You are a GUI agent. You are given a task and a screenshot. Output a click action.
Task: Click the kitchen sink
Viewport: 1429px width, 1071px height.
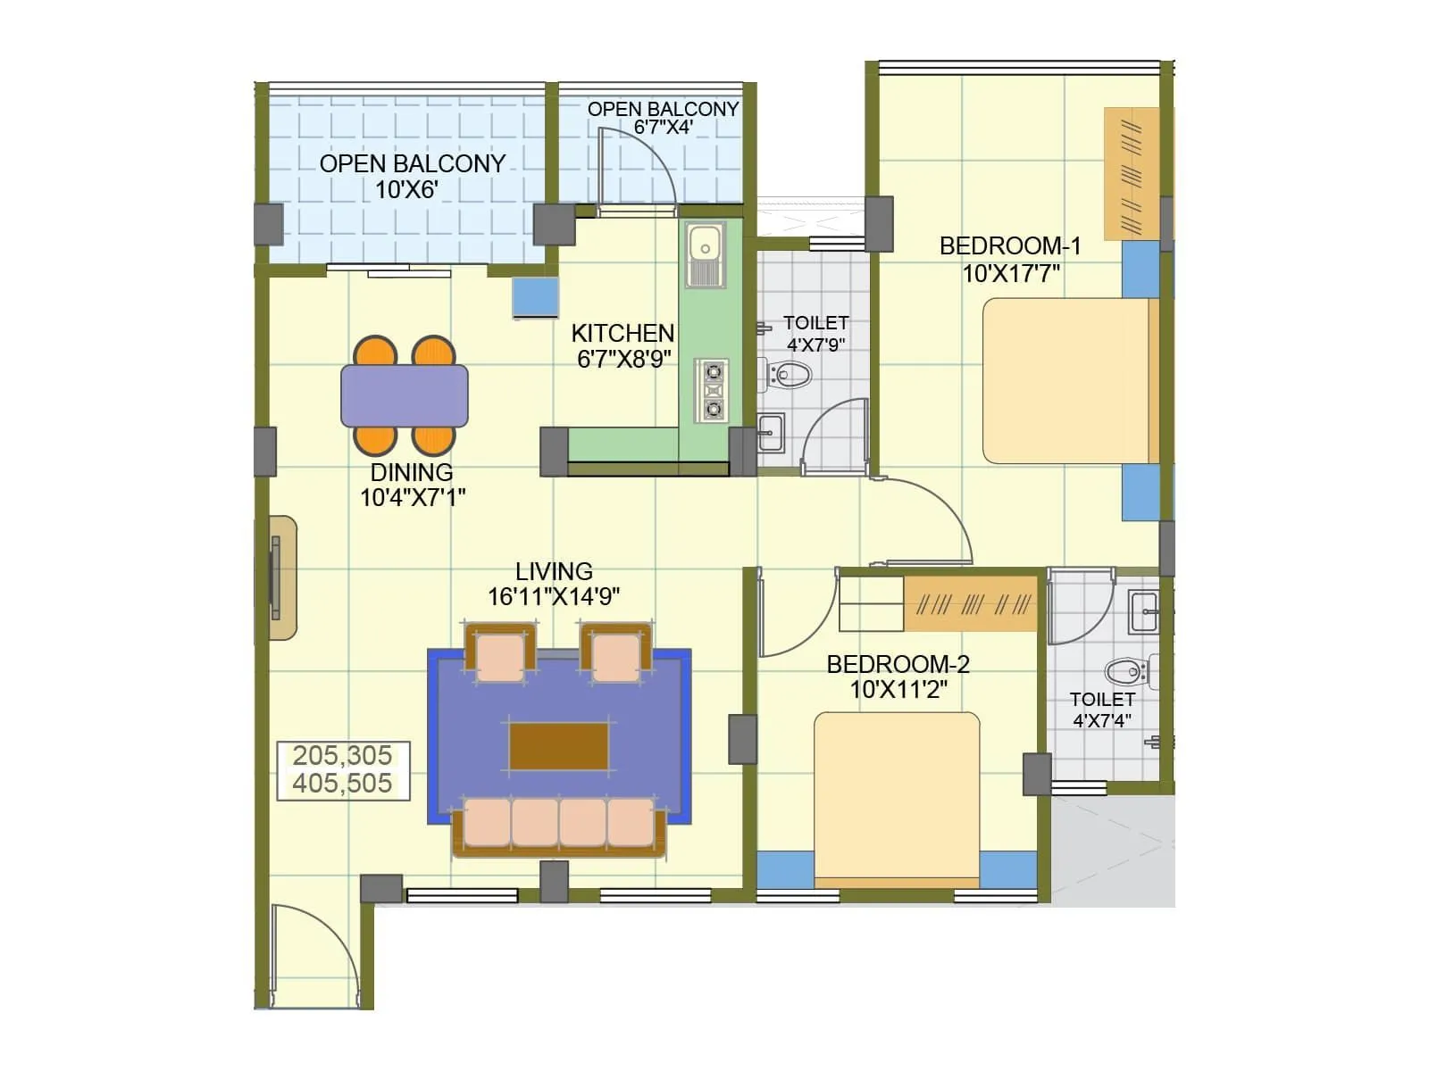click(706, 243)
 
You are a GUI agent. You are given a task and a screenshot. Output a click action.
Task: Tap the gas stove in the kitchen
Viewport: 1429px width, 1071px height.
click(713, 391)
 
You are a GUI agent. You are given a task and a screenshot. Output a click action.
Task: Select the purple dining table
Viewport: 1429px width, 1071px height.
click(405, 395)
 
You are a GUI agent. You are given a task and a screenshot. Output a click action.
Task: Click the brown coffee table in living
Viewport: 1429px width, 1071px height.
click(559, 746)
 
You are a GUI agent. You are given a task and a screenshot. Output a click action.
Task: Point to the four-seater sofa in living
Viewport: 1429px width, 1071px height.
click(560, 825)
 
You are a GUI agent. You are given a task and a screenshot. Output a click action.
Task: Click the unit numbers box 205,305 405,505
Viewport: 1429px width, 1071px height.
click(343, 769)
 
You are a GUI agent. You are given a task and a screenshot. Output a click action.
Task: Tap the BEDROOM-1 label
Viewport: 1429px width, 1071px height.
click(1010, 245)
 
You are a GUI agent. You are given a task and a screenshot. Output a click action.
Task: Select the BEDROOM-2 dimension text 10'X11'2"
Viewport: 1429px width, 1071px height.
click(898, 690)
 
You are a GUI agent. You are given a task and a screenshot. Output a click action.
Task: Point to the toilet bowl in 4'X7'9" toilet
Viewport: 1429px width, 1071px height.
click(790, 374)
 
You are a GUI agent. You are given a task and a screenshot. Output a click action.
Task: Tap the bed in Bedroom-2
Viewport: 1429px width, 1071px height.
click(897, 799)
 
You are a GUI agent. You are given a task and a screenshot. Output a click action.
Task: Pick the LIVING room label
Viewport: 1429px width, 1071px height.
click(554, 571)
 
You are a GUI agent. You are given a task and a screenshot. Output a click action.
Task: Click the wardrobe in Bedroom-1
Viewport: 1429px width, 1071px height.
click(1132, 174)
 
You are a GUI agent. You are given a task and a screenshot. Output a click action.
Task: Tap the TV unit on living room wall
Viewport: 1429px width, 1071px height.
click(281, 577)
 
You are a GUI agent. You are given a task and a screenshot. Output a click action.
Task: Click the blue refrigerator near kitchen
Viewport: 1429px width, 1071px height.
click(535, 296)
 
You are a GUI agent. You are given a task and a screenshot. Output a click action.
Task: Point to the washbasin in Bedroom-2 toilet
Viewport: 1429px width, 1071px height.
click(1144, 613)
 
